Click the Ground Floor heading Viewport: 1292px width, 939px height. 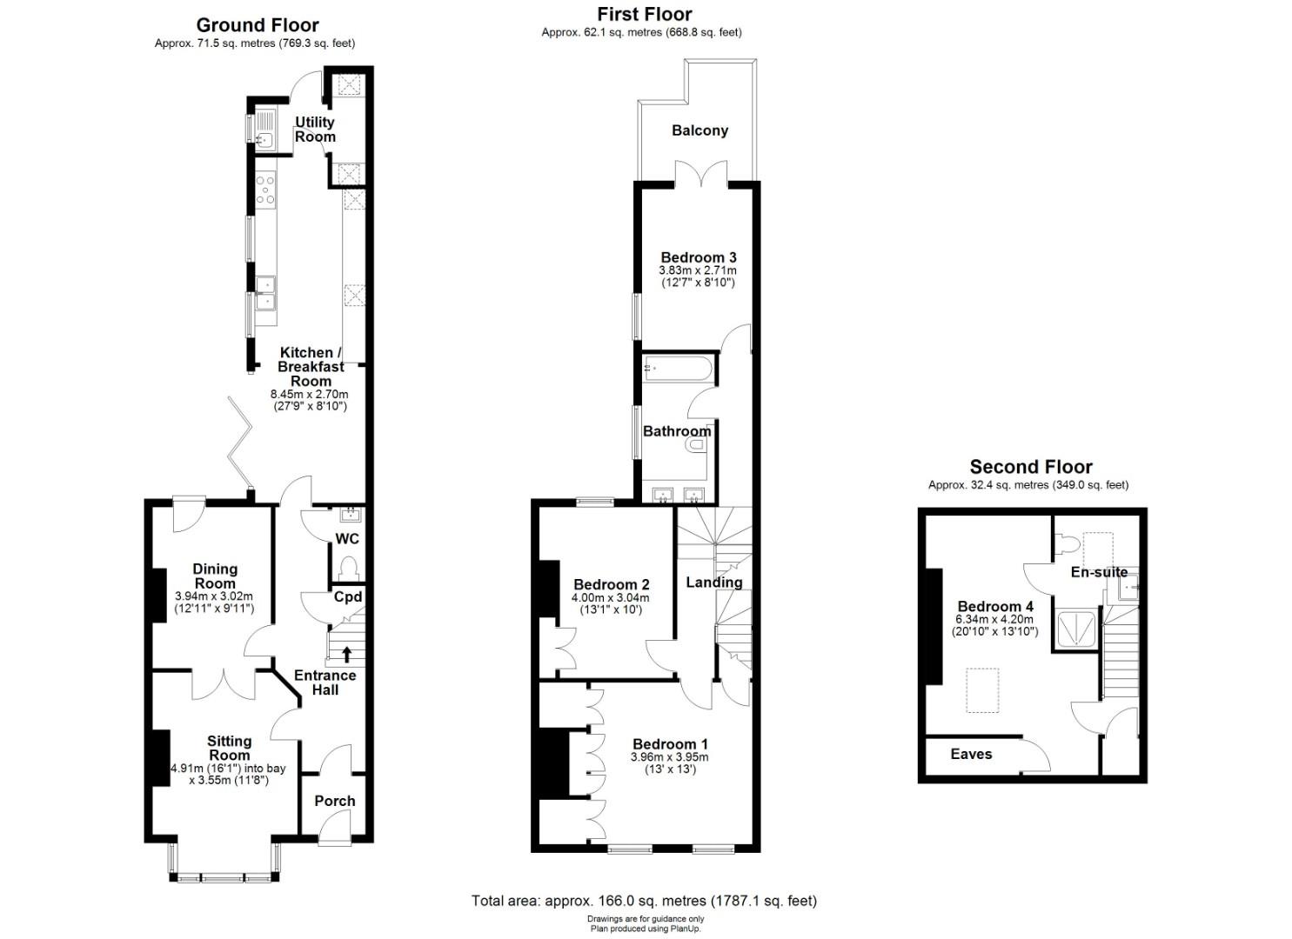[x=258, y=25]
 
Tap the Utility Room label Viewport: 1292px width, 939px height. [x=315, y=130]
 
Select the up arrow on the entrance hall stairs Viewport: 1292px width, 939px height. [x=346, y=654]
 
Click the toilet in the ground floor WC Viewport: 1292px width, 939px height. [x=348, y=569]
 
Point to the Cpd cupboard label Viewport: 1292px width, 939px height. [x=348, y=596]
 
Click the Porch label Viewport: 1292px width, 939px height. [x=335, y=802]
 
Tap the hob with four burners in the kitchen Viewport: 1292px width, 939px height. [x=266, y=190]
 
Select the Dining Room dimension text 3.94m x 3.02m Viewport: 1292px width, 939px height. [x=215, y=596]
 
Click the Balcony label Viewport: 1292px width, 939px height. [x=700, y=130]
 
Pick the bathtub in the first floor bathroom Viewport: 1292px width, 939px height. [x=678, y=369]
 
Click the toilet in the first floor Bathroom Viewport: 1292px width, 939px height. [x=697, y=445]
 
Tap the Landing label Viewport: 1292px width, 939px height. [x=714, y=583]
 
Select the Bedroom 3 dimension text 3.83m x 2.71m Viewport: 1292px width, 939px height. [x=698, y=270]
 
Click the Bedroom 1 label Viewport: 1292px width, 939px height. [x=670, y=744]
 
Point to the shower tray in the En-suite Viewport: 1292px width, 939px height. [x=1076, y=627]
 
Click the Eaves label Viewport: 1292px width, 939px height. [x=971, y=755]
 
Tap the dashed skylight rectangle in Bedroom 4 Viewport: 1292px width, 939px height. [x=982, y=690]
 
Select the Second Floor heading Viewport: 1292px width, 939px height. [x=1031, y=466]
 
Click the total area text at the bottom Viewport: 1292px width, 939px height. [x=645, y=901]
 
